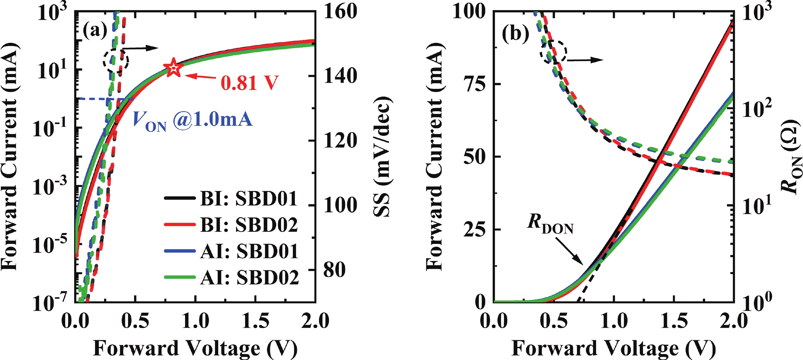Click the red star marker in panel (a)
(173, 67)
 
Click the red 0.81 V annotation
(249, 83)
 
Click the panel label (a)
(95, 31)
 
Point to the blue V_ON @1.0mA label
(192, 121)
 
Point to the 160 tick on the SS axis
(340, 12)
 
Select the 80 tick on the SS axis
(334, 270)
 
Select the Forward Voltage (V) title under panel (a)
(195, 348)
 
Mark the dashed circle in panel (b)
(553, 52)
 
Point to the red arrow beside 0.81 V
(201, 76)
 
